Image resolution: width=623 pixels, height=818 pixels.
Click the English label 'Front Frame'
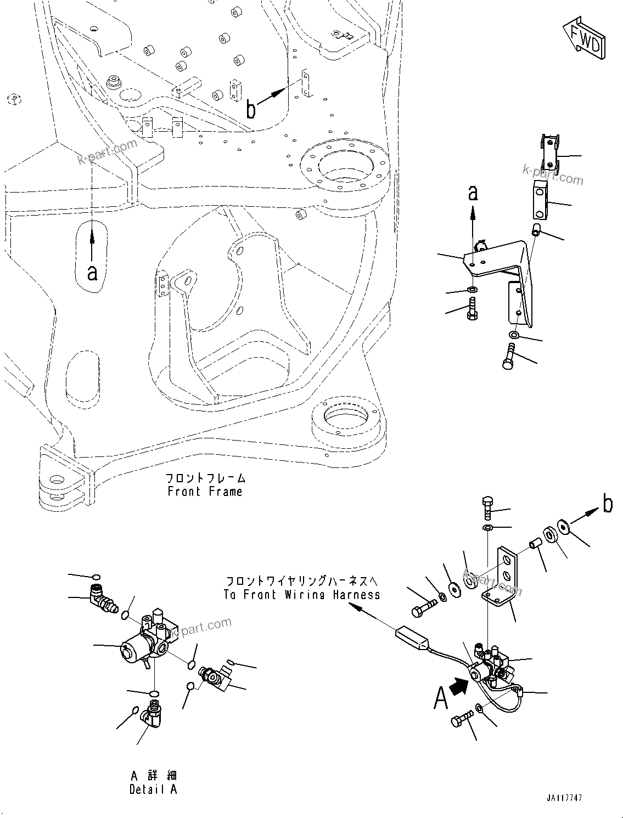205,491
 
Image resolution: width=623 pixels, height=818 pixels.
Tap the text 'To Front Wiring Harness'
301,594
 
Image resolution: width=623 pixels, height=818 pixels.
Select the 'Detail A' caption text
153,789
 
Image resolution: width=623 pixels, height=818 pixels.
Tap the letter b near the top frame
251,110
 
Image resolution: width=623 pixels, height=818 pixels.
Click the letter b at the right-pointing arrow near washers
607,503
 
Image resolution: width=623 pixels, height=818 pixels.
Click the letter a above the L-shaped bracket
472,193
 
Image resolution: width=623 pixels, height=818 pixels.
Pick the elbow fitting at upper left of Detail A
100,600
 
